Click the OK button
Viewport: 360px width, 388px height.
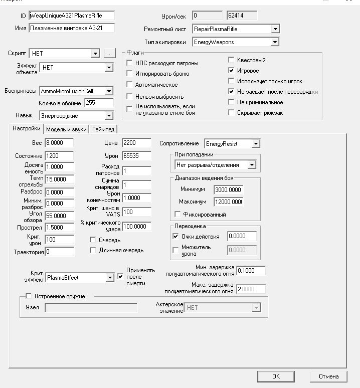(276, 376)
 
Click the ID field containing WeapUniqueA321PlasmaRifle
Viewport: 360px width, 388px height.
(72, 16)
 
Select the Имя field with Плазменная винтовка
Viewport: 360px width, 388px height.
(72, 28)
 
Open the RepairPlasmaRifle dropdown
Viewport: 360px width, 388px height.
(275, 30)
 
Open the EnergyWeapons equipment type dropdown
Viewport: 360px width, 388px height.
(275, 42)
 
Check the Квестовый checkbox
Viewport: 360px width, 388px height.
(231, 61)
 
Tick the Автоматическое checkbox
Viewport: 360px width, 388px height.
(130, 85)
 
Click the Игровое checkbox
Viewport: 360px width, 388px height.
(231, 71)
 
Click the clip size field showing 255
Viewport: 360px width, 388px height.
(99, 103)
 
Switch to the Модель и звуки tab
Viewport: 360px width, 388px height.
(66, 129)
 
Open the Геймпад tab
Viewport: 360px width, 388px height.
(104, 129)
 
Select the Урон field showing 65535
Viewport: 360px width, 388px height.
(136, 156)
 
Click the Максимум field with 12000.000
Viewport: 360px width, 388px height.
(228, 202)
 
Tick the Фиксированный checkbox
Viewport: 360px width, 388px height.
(176, 215)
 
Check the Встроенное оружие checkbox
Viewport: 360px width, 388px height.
(29, 296)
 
